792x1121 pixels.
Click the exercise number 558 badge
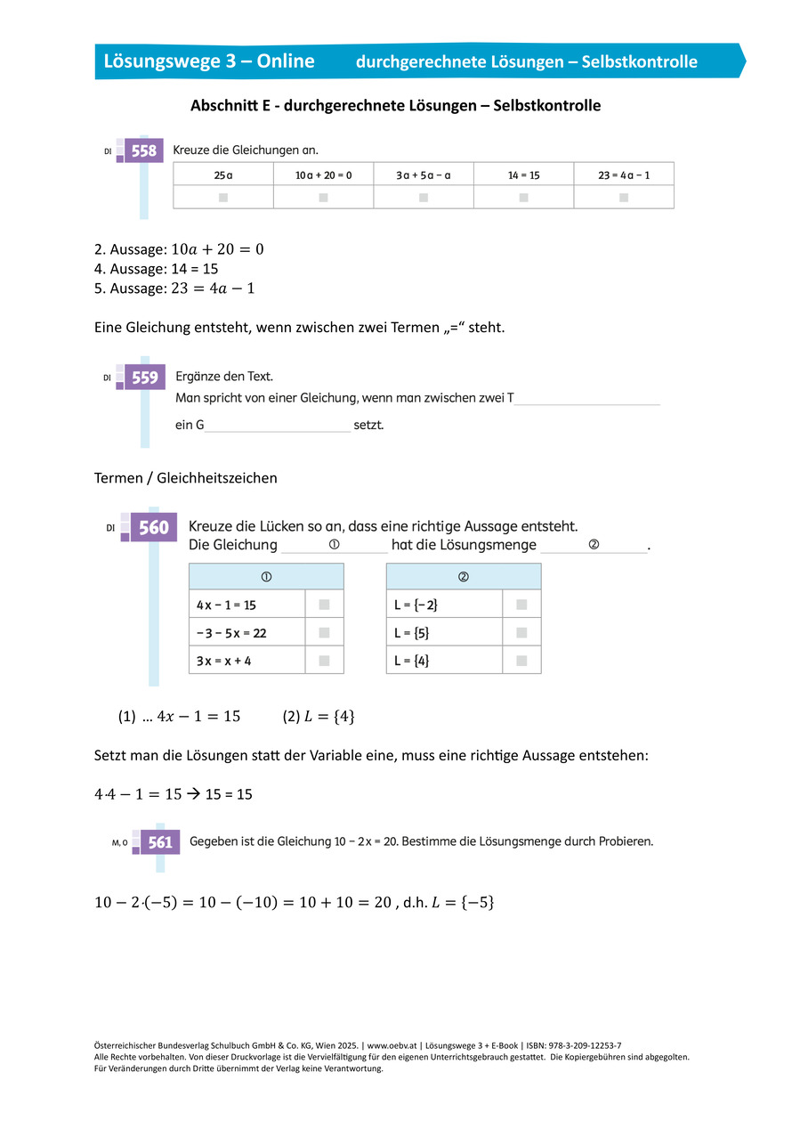(144, 151)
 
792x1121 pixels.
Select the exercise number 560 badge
(153, 528)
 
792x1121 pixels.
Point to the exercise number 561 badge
(160, 841)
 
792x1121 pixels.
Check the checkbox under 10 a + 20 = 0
(323, 197)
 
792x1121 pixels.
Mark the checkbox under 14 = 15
(523, 197)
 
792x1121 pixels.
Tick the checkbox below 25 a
(223, 197)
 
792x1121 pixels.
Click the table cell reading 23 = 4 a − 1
(624, 175)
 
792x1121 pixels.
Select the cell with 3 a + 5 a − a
(424, 175)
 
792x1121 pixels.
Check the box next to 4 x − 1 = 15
(324, 605)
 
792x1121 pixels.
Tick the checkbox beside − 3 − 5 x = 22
(324, 632)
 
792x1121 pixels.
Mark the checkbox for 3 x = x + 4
(324, 661)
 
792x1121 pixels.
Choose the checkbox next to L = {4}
(521, 661)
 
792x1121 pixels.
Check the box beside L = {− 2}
(521, 605)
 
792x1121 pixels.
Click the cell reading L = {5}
(444, 632)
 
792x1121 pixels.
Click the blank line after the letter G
(278, 426)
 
